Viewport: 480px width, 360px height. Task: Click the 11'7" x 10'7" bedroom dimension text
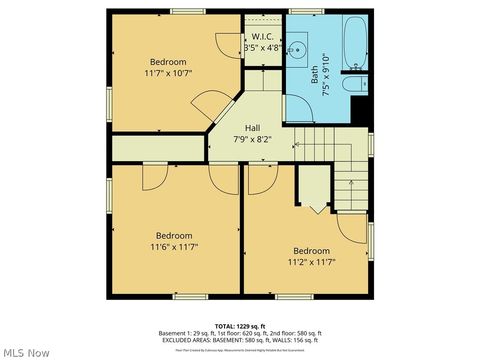click(168, 73)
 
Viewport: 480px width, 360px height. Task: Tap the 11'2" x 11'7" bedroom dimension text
click(310, 262)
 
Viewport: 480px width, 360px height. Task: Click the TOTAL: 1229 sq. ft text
click(239, 327)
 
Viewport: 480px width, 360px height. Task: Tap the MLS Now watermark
click(26, 352)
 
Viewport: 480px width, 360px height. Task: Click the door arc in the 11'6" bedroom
click(156, 179)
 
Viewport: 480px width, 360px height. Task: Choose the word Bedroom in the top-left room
click(168, 61)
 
